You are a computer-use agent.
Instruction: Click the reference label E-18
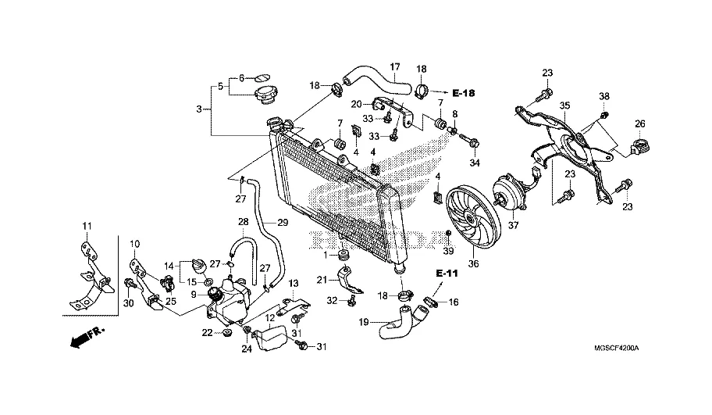[x=464, y=94]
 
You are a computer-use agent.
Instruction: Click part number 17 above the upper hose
[x=394, y=66]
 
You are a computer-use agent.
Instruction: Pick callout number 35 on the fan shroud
[x=564, y=106]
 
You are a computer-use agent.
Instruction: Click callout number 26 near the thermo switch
[x=639, y=123]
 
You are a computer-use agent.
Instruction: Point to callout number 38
[x=603, y=97]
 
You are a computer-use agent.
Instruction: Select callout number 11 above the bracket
[x=87, y=227]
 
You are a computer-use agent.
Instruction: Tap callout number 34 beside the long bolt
[x=473, y=163]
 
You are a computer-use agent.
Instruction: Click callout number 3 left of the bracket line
[x=200, y=109]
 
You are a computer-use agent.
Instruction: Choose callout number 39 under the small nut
[x=448, y=251]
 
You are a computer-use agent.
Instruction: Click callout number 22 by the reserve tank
[x=207, y=334]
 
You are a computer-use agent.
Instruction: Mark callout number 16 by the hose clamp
[x=454, y=301]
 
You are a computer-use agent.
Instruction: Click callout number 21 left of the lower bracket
[x=322, y=279]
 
